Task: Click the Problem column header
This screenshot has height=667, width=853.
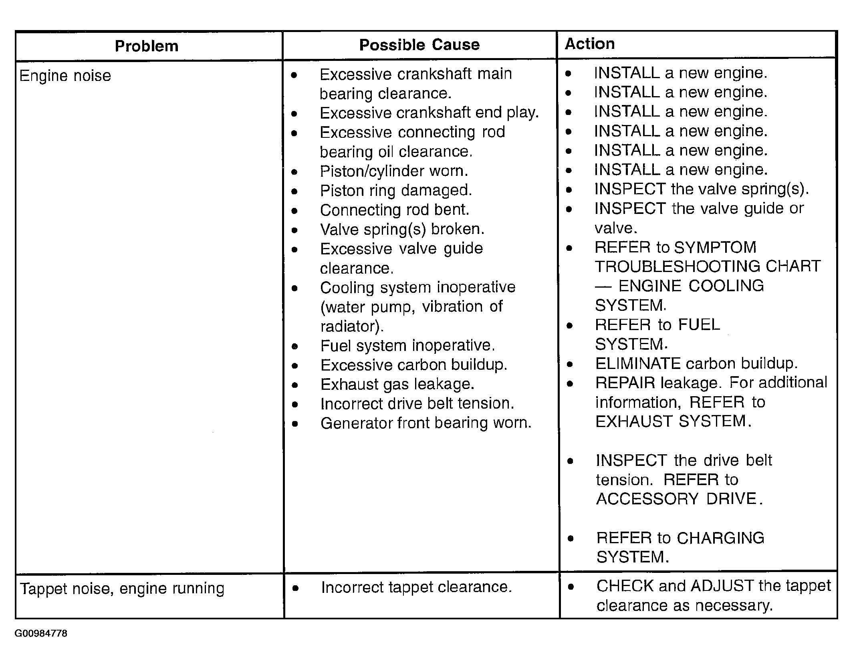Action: pos(147,46)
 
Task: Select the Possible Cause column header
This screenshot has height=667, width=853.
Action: pos(419,45)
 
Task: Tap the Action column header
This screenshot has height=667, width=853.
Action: pos(589,44)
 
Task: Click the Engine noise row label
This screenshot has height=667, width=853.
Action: pos(65,76)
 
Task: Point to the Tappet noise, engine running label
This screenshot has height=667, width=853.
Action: pos(122,588)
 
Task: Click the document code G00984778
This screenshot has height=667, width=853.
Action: pos(41,633)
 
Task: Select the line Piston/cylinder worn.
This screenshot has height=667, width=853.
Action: pos(394,171)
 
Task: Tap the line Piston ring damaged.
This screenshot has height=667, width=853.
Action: pos(396,190)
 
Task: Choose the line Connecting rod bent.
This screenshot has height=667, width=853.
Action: pos(395,210)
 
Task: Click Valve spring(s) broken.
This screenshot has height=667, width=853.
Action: pos(402,229)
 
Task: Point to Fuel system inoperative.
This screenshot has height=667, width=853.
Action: pos(408,345)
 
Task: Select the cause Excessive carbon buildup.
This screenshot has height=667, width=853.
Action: pos(414,365)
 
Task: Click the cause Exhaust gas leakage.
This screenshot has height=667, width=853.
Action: pos(397,384)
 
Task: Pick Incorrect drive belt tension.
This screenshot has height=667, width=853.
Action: pos(417,403)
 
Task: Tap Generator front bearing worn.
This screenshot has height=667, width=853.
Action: pos(426,423)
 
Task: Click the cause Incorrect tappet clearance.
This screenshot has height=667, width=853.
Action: pos(416,587)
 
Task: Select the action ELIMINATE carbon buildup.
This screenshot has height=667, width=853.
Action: pos(696,363)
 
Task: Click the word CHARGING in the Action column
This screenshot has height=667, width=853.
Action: pos(720,538)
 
